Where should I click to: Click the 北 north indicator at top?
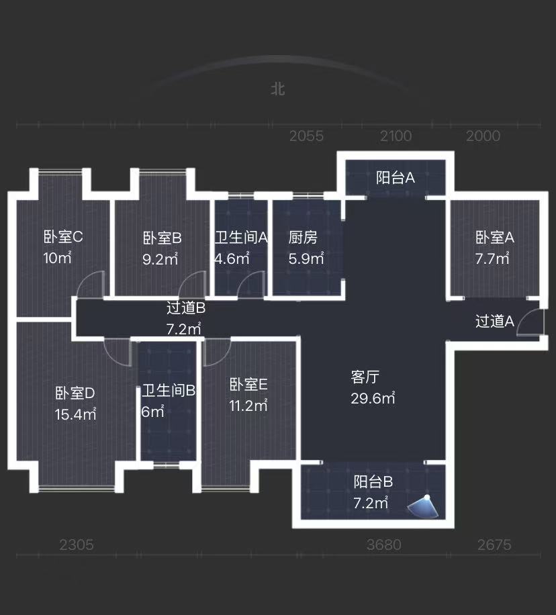tap(277, 89)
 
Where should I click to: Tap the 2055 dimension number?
tap(306, 136)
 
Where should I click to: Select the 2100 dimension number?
tap(396, 136)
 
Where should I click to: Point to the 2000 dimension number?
tap(483, 136)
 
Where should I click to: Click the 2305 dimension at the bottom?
tap(77, 545)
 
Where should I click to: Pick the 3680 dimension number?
tap(384, 545)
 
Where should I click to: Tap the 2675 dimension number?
tap(494, 545)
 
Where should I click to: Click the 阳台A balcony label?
tap(396, 178)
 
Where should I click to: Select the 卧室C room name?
tap(63, 236)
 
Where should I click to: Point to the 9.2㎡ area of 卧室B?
tap(160, 259)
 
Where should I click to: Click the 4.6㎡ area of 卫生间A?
tap(232, 258)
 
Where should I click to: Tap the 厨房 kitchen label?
tap(303, 237)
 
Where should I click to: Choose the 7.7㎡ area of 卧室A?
tap(492, 258)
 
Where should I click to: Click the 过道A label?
tap(495, 322)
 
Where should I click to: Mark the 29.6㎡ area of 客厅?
tap(373, 397)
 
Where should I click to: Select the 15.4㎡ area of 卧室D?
tap(75, 414)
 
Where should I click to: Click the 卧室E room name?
tap(248, 385)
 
